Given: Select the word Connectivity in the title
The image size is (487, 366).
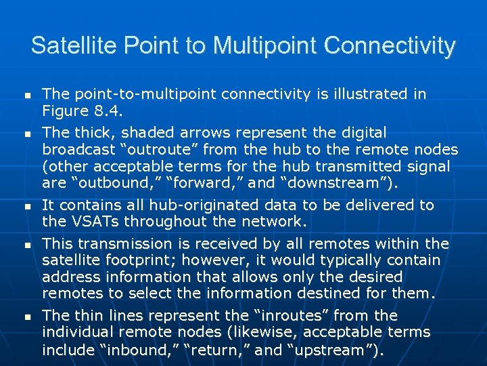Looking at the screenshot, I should [390, 46].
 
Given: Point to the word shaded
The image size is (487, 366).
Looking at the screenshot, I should [143, 133].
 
